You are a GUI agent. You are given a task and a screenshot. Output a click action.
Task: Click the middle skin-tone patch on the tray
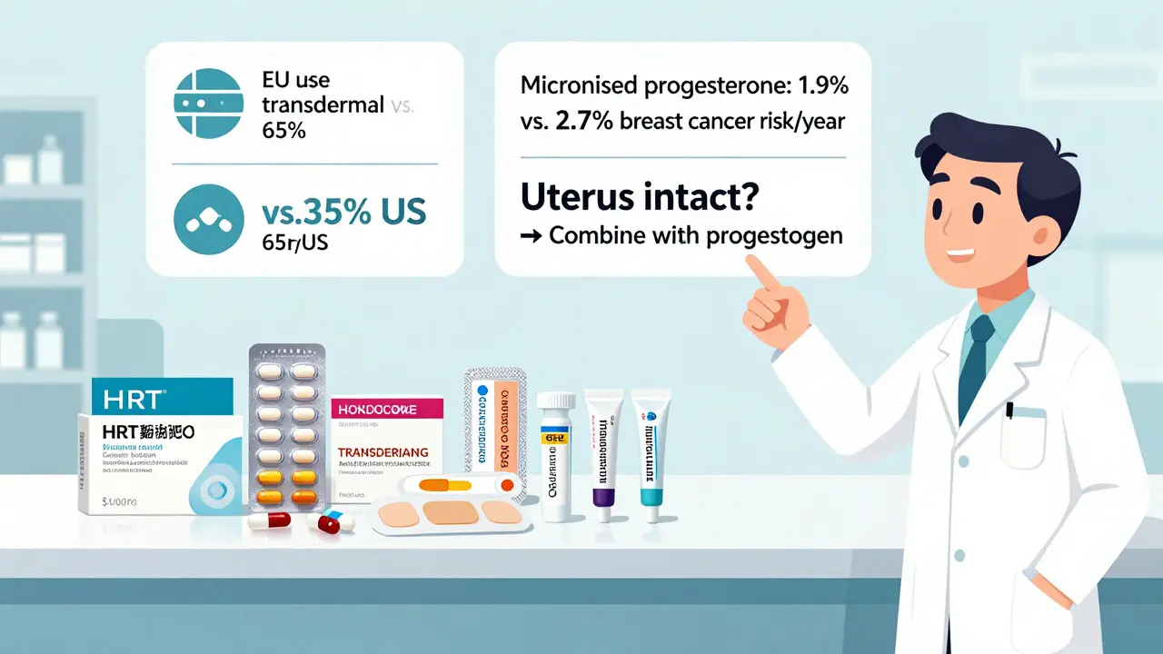click(444, 510)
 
